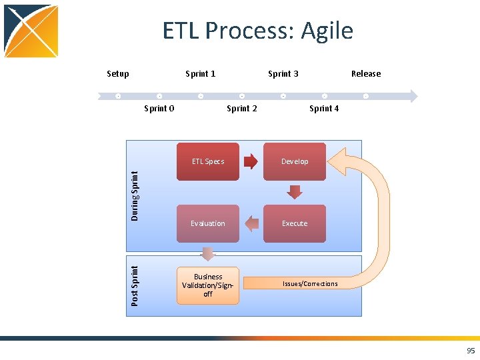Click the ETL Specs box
tap(207, 161)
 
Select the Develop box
tap(294, 161)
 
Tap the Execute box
tap(294, 223)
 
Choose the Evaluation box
tap(207, 223)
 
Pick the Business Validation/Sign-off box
tap(207, 285)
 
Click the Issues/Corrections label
tap(310, 284)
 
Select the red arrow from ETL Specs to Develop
tap(251, 161)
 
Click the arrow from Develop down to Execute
tap(294, 192)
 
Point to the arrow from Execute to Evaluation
tap(251, 223)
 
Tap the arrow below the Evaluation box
tap(208, 254)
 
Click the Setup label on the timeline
tap(118, 74)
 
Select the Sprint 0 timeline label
tap(159, 109)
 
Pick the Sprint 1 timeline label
tap(200, 74)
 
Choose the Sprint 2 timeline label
tap(241, 109)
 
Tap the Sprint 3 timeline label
tap(283, 74)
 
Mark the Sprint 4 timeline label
tap(324, 109)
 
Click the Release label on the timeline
tap(366, 74)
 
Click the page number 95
tap(471, 351)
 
